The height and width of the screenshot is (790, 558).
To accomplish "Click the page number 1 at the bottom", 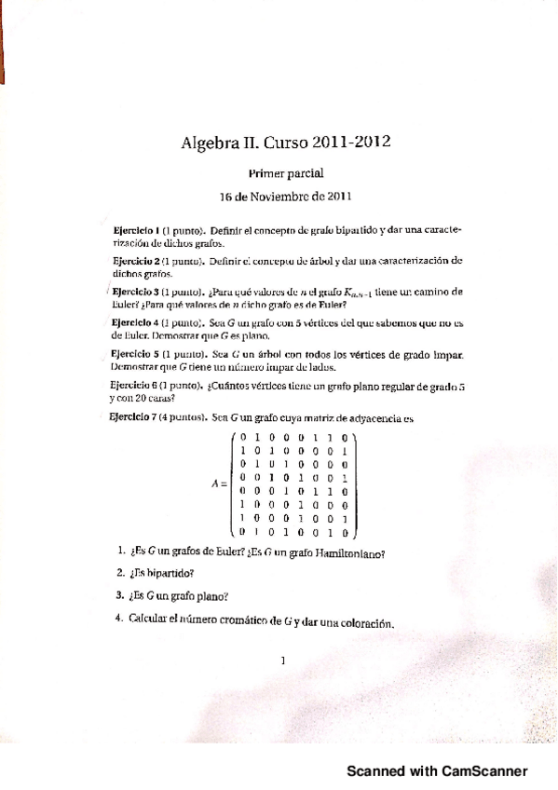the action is pyautogui.click(x=282, y=661).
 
